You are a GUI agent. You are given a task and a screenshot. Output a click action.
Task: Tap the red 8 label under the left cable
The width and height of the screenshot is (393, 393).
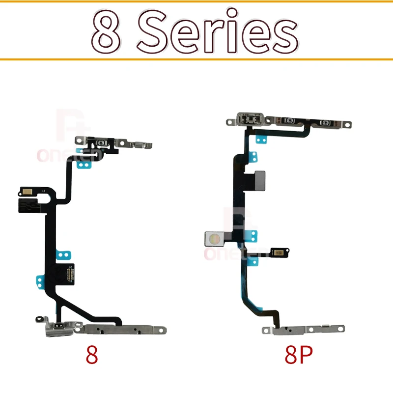[x=92, y=355]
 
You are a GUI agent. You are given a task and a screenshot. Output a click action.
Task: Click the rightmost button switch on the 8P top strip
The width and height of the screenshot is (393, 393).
[x=324, y=122]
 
